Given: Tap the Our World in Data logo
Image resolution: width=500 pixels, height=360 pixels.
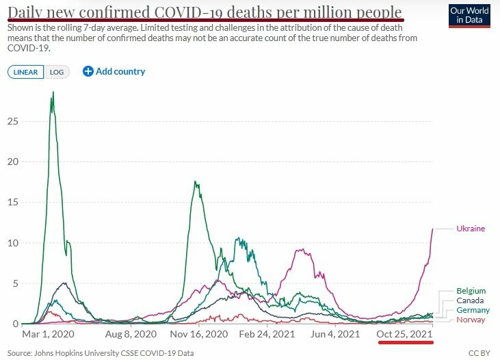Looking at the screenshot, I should (x=469, y=16).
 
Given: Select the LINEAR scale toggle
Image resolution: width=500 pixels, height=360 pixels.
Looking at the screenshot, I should (x=27, y=72).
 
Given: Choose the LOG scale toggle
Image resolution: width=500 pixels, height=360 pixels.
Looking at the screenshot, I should (x=57, y=72).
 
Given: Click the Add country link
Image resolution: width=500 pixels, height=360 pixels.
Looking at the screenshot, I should (x=114, y=71).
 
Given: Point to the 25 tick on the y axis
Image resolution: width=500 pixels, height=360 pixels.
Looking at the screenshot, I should (x=12, y=121).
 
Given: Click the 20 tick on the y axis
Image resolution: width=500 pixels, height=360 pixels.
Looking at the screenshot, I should (x=12, y=162).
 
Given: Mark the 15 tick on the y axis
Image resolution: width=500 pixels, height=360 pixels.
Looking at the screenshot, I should (x=12, y=203).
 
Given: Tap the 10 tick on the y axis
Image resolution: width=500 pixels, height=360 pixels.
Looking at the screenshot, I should (x=12, y=243).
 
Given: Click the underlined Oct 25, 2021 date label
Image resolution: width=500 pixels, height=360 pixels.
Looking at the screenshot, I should (x=405, y=334).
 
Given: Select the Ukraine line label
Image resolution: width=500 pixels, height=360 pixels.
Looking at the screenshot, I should (x=471, y=229).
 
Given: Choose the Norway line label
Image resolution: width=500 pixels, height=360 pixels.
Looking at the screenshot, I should (x=471, y=320).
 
